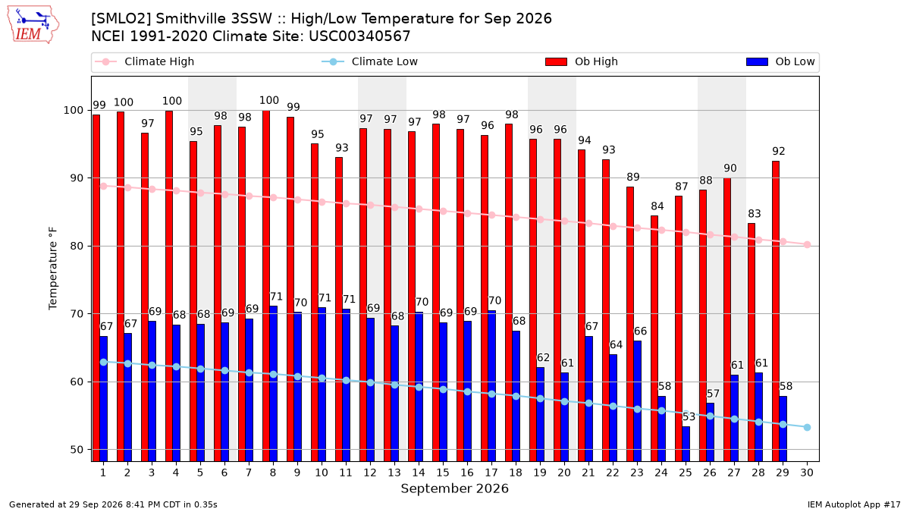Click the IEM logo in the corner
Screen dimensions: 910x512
click(x=33, y=25)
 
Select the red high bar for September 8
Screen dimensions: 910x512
click(x=266, y=286)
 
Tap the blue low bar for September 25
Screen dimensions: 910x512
click(x=686, y=444)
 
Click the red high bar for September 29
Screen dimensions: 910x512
click(x=776, y=311)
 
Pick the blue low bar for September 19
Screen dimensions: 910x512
click(x=540, y=414)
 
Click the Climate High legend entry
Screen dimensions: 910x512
click(x=144, y=61)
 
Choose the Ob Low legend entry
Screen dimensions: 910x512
click(x=780, y=61)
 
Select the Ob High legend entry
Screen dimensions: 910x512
click(x=582, y=61)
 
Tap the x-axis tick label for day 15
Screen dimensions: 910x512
click(x=443, y=473)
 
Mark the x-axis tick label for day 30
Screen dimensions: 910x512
click(x=807, y=473)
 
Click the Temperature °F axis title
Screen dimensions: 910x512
click(x=53, y=269)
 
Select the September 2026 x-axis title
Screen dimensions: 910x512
click(x=454, y=488)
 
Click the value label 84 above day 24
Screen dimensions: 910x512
click(x=657, y=206)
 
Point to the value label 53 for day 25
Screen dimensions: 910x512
click(x=689, y=417)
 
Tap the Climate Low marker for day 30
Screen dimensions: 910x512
click(x=807, y=428)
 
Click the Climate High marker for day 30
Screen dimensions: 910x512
click(x=807, y=244)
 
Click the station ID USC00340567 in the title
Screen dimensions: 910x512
click(x=359, y=36)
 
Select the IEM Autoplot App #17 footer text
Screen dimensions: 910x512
click(x=854, y=504)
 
